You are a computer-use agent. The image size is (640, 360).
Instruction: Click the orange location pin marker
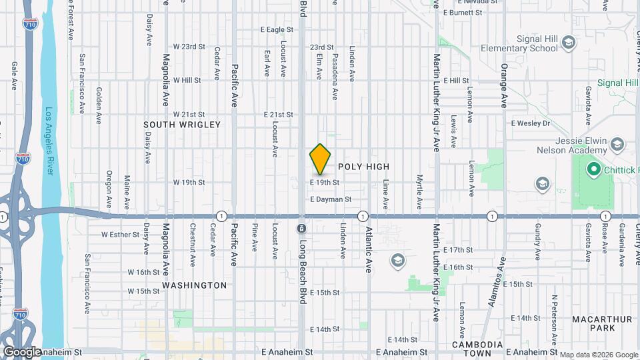[x=320, y=159]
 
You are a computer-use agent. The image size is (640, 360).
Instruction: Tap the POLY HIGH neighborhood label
[x=363, y=166]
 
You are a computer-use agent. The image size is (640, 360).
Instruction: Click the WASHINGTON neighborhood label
[x=195, y=285]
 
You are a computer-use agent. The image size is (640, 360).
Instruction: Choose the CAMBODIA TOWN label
[x=477, y=345]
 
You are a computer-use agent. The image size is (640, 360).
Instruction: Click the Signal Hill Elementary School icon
[x=569, y=44]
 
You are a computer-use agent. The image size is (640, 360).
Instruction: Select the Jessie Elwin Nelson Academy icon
[x=617, y=145]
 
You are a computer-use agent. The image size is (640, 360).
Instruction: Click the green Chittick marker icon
[x=593, y=170]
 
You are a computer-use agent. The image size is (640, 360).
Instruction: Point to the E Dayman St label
[x=339, y=199]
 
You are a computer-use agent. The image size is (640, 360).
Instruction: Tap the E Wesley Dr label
[x=531, y=123]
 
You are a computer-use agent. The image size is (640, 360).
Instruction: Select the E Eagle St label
[x=277, y=30]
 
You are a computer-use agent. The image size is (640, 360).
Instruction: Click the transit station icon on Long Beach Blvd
[x=301, y=229]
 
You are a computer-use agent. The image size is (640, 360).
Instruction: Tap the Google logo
[x=22, y=351]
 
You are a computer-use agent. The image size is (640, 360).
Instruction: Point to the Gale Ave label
[x=14, y=75]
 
